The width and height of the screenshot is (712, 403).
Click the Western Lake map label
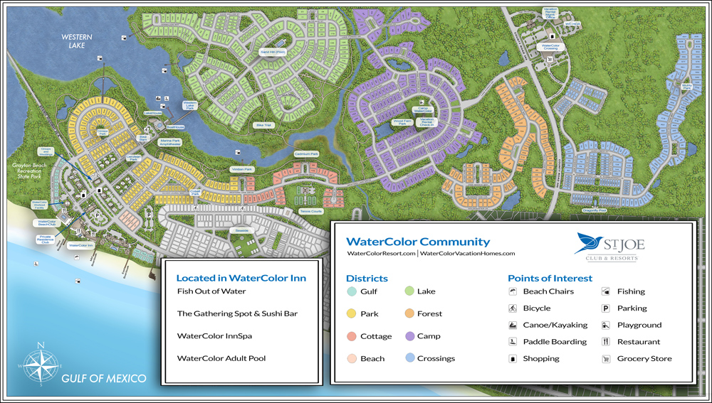pyautogui.click(x=73, y=41)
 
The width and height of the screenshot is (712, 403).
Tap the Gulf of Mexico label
pyautogui.click(x=104, y=377)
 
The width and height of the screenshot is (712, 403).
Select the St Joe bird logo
pyautogui.click(x=589, y=244)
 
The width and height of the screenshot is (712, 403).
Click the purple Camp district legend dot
pyautogui.click(x=410, y=336)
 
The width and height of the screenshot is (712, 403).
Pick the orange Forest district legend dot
pyautogui.click(x=410, y=313)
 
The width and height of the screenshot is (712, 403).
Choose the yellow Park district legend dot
pyautogui.click(x=351, y=313)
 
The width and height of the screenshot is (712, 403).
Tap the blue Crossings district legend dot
pyautogui.click(x=410, y=358)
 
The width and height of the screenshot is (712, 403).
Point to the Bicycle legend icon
pyautogui.click(x=512, y=308)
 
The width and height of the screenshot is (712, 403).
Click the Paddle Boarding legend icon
pyautogui.click(x=512, y=342)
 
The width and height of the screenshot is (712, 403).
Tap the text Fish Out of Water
pyautogui.click(x=211, y=291)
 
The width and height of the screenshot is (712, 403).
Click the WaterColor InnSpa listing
pyautogui.click(x=214, y=335)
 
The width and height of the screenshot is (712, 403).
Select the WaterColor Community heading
pyautogui.click(x=418, y=242)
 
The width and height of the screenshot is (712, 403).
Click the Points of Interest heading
pyautogui.click(x=550, y=278)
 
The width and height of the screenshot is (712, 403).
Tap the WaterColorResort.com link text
pyautogui.click(x=380, y=253)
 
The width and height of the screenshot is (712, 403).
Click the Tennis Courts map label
pyautogui.click(x=311, y=211)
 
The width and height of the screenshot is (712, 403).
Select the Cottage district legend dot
pyautogui.click(x=351, y=336)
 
